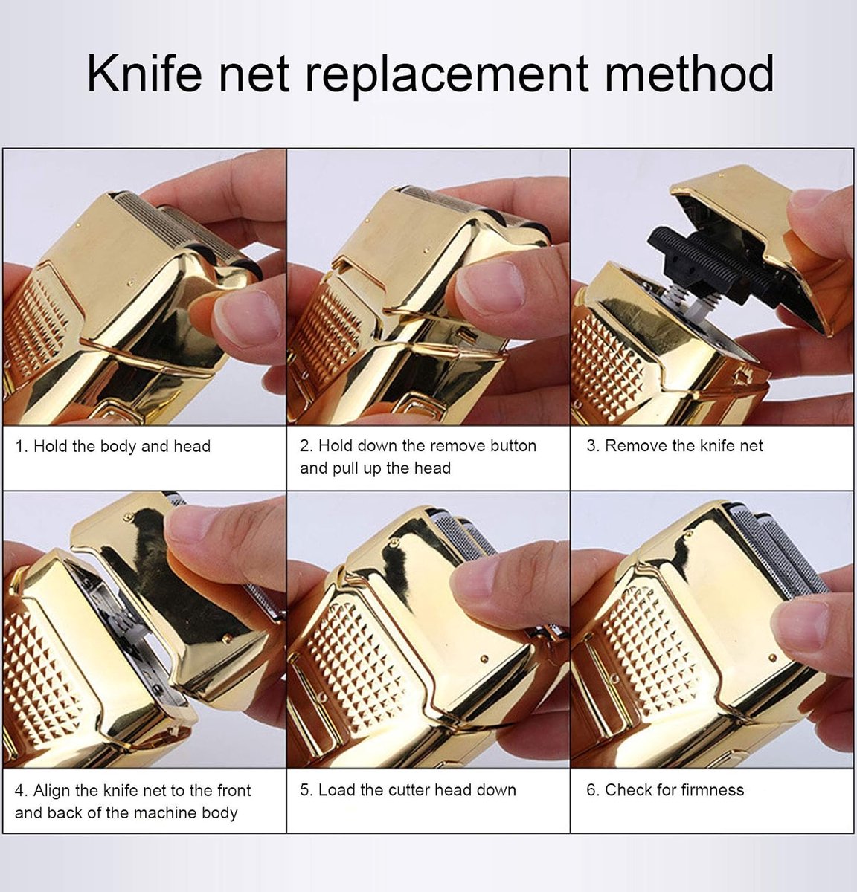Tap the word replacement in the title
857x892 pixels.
pos(446,75)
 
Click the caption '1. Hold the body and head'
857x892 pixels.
pos(113,446)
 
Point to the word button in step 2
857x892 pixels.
pos(513,445)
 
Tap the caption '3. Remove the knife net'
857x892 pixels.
pos(675,445)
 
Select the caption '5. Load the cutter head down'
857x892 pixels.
pos(408,789)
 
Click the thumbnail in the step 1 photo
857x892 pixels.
pos(243,319)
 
